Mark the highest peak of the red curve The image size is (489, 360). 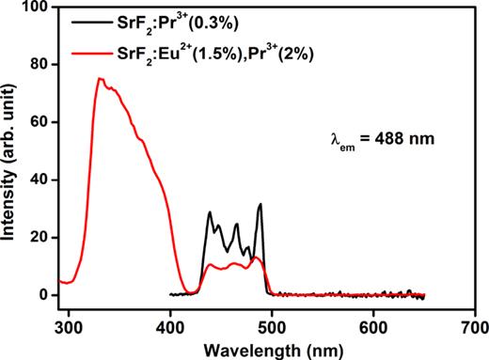click(100, 79)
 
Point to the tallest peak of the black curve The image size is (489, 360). click(260, 204)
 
